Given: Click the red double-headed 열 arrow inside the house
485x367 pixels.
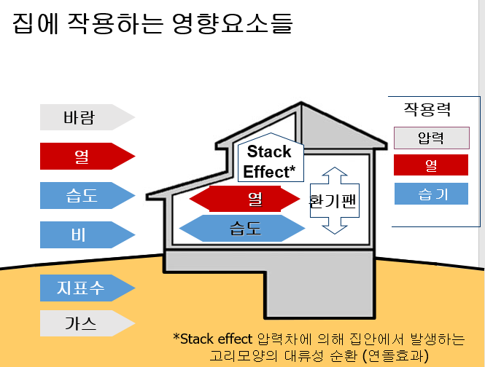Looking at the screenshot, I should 245,198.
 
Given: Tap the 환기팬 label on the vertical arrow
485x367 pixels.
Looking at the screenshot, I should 332,202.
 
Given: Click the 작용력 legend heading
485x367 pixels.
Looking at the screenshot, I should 427,110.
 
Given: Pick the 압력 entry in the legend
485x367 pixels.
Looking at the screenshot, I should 431,138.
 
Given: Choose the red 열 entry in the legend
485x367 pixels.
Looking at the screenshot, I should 431,166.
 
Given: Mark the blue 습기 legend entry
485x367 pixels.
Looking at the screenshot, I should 431,194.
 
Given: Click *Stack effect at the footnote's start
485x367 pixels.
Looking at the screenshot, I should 214,339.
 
